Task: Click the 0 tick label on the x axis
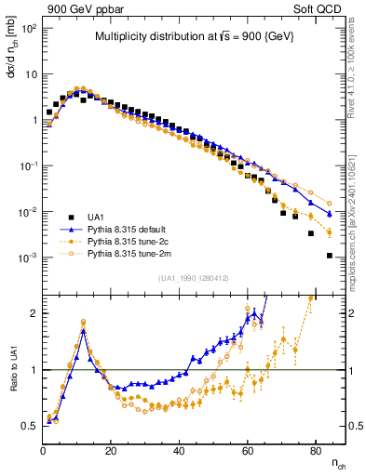[x=44, y=449]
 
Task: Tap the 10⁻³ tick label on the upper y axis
[x=27, y=257]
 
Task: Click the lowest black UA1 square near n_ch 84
[x=330, y=255]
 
